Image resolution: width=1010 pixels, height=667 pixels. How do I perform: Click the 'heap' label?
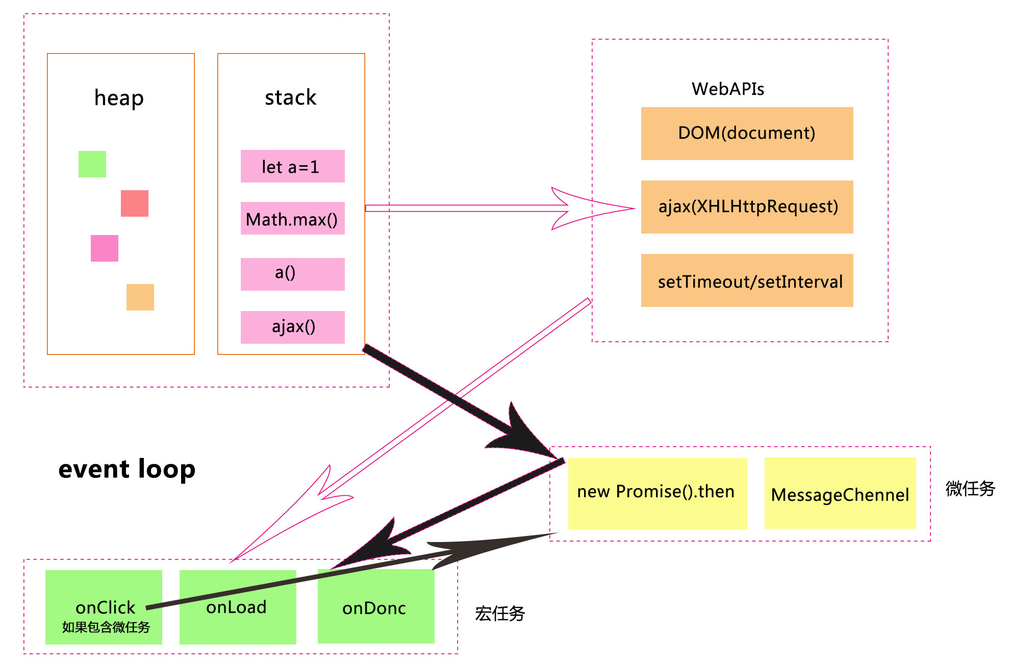pos(119,98)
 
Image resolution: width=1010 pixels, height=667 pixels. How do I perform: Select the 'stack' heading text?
pos(290,97)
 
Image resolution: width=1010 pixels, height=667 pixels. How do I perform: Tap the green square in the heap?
pos(92,164)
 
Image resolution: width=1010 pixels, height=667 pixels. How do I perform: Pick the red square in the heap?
pos(135,203)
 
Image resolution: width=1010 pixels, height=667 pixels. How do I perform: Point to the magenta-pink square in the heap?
pos(105,248)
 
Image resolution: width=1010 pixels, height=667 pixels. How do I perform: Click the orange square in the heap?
pos(140,297)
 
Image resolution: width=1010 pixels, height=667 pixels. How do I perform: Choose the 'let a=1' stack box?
pos(292,166)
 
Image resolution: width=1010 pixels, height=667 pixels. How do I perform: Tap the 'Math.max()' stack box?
pos(292,219)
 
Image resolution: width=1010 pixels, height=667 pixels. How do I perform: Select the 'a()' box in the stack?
pos(292,274)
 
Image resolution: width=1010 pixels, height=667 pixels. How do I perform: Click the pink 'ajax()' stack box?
pos(292,327)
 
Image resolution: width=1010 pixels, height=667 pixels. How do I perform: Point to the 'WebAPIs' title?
pos(727,89)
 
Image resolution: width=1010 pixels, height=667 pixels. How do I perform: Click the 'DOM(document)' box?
pos(747,134)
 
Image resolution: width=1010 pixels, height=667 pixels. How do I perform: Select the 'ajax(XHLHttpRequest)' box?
pos(747,207)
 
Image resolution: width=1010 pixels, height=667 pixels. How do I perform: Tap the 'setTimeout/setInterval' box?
pos(747,280)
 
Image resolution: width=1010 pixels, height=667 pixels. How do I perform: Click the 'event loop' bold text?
pos(127,469)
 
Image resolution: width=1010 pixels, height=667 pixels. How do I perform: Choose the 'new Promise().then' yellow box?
pos(657,493)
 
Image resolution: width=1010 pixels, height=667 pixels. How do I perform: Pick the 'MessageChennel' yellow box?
pos(840,494)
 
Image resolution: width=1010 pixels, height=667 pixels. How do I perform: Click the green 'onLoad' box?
pos(238,620)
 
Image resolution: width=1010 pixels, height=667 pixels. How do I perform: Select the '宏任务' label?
pos(500,613)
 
